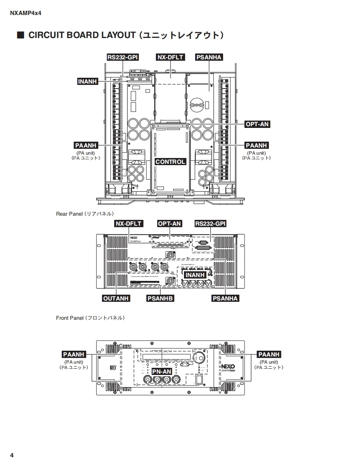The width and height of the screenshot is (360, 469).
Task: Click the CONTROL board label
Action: click(170, 162)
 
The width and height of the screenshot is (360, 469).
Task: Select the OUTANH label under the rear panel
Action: click(116, 298)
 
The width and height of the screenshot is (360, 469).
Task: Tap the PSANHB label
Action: click(161, 298)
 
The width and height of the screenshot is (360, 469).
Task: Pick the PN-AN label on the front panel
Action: click(161, 371)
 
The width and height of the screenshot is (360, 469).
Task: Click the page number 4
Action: click(12, 455)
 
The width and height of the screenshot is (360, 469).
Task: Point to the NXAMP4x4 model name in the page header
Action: click(26, 13)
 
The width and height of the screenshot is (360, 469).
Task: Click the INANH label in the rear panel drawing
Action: click(195, 275)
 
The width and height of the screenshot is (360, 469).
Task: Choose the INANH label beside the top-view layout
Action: click(88, 82)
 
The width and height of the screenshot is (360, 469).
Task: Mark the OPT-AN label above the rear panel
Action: click(169, 224)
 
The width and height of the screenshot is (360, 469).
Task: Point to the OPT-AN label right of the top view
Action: click(257, 124)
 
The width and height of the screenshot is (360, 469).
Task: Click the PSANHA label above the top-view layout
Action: click(209, 57)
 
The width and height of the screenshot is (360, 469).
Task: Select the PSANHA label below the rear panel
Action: click(225, 298)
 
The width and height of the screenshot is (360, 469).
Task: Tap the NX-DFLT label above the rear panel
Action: click(129, 224)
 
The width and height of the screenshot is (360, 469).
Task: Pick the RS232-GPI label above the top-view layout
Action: click(123, 57)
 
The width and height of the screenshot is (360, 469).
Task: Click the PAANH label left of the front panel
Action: click(74, 354)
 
